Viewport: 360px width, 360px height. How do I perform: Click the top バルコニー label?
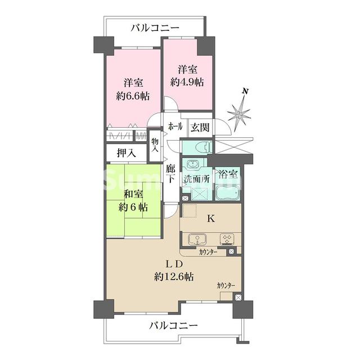(x=155, y=27)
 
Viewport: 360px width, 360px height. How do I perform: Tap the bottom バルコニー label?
(x=174, y=326)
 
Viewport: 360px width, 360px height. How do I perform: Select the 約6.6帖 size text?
(x=133, y=96)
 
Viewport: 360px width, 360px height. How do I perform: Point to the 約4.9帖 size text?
(x=187, y=82)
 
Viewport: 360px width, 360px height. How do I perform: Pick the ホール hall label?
(x=175, y=128)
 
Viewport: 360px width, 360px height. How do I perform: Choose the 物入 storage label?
(x=155, y=145)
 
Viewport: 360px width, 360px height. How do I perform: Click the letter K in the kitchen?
(x=210, y=219)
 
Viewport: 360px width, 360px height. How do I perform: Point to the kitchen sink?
(x=197, y=238)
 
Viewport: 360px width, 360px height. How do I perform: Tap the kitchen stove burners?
(x=227, y=238)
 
